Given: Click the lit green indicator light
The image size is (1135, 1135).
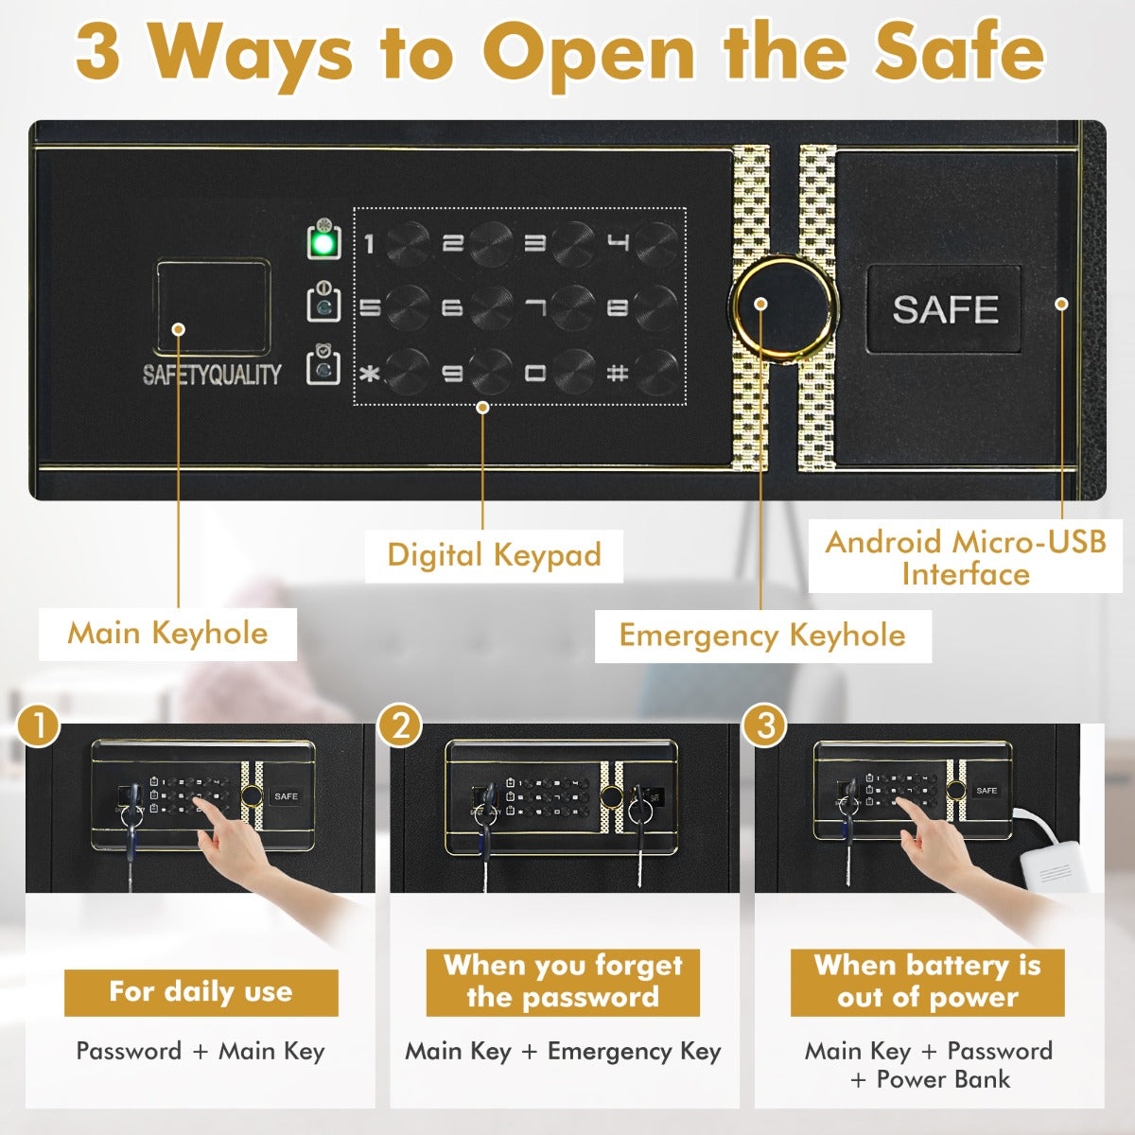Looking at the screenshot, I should [x=323, y=243].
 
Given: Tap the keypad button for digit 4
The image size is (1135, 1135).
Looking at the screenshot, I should [x=655, y=244].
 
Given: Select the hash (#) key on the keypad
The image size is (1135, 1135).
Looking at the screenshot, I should [x=655, y=372].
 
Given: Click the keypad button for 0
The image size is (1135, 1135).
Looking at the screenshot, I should [x=573, y=372].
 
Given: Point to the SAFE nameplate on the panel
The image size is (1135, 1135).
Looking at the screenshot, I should [x=944, y=309].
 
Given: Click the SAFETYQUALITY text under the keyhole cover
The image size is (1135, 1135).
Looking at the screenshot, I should [x=212, y=375].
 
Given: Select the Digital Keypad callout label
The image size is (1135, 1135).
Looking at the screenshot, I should [x=494, y=555].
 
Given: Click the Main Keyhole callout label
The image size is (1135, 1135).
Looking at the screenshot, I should [x=167, y=634].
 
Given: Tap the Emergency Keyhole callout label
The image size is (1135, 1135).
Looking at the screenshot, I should [x=762, y=636].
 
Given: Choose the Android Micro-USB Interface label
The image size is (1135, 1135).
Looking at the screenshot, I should [x=965, y=558].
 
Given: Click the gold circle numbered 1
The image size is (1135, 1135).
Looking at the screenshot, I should [x=39, y=726].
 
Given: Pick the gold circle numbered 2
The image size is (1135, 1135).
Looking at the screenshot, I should [x=400, y=726].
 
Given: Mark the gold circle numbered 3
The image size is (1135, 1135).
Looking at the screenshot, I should [x=764, y=726].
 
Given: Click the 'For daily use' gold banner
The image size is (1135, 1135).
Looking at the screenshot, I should [x=201, y=992].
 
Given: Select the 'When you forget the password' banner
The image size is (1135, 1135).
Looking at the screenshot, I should [x=563, y=982].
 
